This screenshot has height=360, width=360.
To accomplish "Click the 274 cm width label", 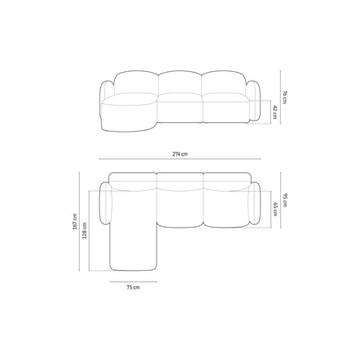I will (181, 156).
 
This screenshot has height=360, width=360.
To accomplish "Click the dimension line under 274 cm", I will (181, 163).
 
